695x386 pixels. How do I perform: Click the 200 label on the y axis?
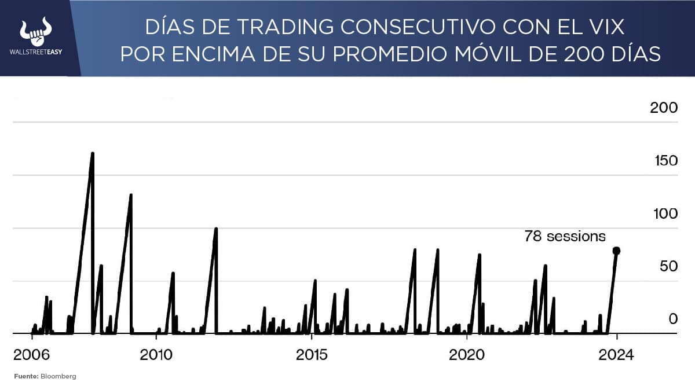click(663, 108)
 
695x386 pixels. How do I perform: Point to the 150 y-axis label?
click(663, 160)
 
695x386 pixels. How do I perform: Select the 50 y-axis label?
click(667, 266)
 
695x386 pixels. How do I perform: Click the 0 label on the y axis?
click(672, 319)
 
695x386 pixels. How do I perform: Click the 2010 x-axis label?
click(156, 354)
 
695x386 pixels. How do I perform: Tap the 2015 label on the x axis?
click(312, 354)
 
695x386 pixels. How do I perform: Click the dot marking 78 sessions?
click(616, 251)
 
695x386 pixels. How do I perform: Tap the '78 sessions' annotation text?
click(565, 236)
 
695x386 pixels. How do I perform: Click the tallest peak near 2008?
click(93, 154)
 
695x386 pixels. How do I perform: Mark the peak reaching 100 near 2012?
click(216, 229)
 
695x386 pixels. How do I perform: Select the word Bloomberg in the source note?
click(58, 376)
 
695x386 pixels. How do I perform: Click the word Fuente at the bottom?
click(25, 376)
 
